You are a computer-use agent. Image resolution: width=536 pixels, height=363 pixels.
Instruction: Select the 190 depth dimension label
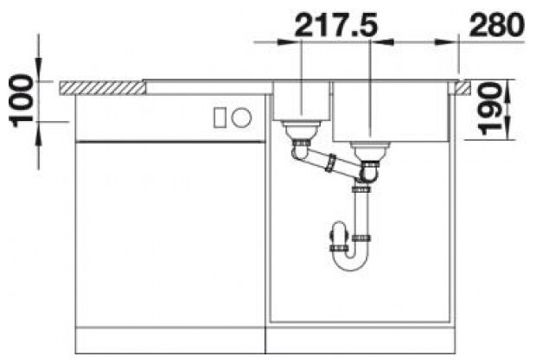(490, 109)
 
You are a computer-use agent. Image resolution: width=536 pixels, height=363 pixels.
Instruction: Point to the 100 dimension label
(22, 101)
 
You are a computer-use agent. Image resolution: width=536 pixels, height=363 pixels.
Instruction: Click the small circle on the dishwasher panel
(241, 117)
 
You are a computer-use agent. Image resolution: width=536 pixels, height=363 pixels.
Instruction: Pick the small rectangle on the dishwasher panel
(220, 118)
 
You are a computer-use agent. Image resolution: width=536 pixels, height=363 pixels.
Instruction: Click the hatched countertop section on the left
(102, 87)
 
